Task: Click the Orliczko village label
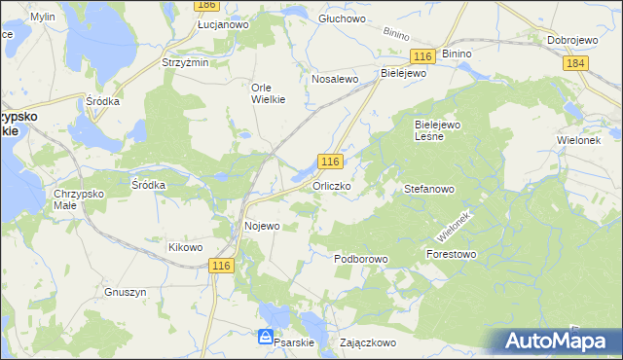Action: click(331, 185)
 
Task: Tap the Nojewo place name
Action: click(261, 226)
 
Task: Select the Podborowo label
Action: click(361, 259)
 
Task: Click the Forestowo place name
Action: click(451, 254)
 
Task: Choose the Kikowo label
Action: click(185, 247)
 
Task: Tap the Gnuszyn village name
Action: click(124, 291)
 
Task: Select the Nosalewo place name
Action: click(335, 79)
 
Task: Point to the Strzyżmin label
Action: click(185, 62)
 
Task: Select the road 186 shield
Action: click(204, 5)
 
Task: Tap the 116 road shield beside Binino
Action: click(421, 57)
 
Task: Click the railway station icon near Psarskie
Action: click(266, 337)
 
